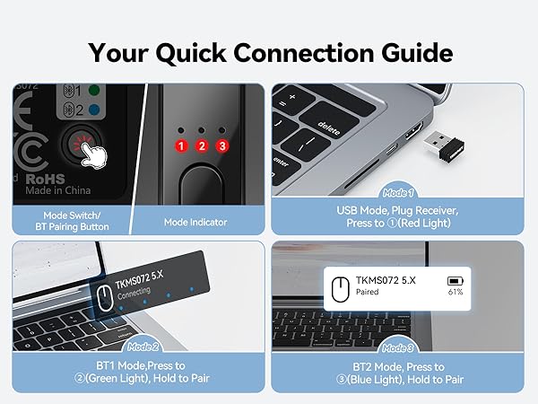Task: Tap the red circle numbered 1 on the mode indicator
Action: [181, 145]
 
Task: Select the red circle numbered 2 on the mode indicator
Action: [202, 145]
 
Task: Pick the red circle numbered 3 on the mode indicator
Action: [222, 145]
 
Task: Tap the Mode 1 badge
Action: [398, 192]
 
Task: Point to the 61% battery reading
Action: [456, 292]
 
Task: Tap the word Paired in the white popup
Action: [367, 291]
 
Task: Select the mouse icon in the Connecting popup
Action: [104, 297]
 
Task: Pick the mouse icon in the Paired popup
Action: [340, 285]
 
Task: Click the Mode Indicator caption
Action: [195, 222]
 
